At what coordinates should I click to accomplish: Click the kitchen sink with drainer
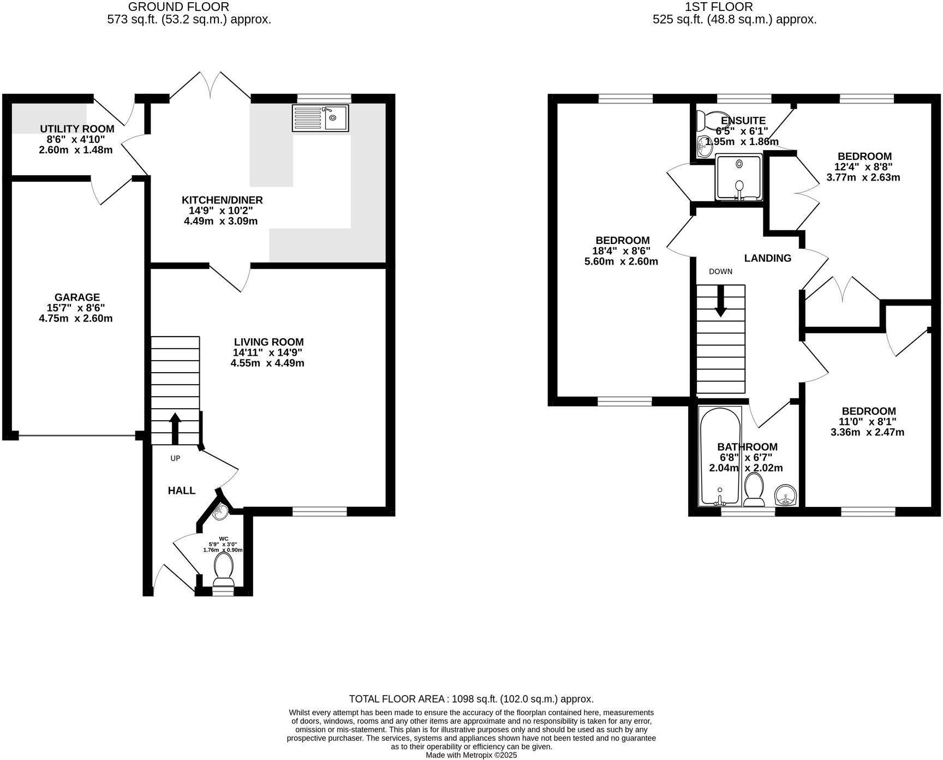coord(320,118)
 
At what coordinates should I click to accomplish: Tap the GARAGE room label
coord(76,297)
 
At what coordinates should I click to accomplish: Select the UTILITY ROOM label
coord(77,129)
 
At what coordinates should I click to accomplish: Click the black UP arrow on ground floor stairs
coord(175,429)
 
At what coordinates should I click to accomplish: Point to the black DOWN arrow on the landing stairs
coord(720,301)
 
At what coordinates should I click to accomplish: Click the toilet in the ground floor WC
coord(223,567)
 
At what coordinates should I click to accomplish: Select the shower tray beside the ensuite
coord(738,177)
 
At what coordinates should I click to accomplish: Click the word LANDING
coord(767,258)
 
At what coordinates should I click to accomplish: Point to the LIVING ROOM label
coord(267,342)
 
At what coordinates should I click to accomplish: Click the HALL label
coord(181,490)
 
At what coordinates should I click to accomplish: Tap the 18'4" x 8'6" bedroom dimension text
coord(622,251)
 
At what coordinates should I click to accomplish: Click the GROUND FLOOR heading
coord(178,7)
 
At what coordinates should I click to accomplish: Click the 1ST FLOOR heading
coord(718,7)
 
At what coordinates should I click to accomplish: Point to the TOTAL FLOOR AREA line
coord(471,699)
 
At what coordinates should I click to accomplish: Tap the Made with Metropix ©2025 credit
coord(471,756)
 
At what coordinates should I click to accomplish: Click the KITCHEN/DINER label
coord(222,200)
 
